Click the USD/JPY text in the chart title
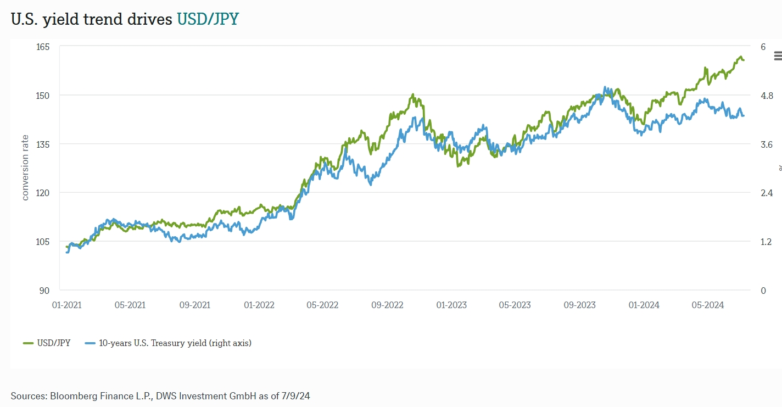pos(208,19)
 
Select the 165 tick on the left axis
pos(43,47)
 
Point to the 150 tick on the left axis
pos(43,96)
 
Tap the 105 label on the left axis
pos(43,242)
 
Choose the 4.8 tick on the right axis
pos(766,96)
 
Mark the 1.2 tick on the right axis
pos(766,242)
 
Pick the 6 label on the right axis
pos(763,47)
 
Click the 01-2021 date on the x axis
pos(66,305)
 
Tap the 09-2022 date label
pos(387,305)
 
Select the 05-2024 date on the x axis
pos(707,305)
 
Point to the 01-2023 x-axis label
pos(451,305)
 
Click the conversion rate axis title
pos(25,168)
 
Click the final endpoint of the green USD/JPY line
pos(744,60)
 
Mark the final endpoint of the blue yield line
pos(744,115)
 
